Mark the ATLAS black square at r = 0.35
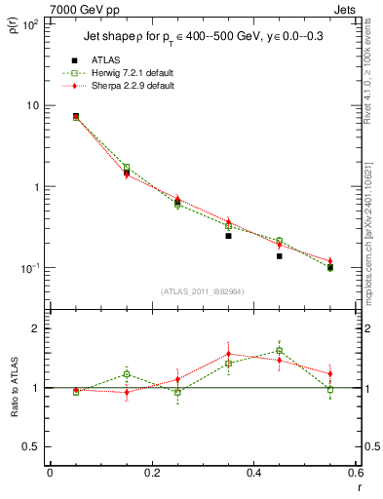228,236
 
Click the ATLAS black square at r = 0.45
279,255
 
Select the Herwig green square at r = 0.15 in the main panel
127,168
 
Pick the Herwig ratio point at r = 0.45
279,351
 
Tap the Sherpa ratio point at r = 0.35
228,355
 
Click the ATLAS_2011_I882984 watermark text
202,291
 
